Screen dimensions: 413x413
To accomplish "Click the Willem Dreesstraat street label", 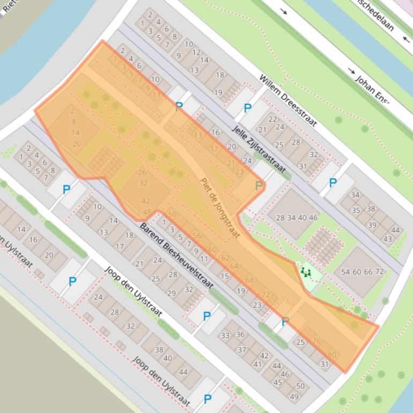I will coord(287,100).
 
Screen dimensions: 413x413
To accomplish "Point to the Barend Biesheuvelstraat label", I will coord(176,255).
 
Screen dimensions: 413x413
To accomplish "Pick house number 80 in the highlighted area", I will coord(332,355).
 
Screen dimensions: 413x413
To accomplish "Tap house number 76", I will coord(316,341).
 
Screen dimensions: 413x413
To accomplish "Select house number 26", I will coord(142,172).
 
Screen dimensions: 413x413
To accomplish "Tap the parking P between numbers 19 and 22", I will coord(247,108).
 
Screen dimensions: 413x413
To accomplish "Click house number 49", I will coord(294,396).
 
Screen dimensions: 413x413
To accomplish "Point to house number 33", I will coord(224,336).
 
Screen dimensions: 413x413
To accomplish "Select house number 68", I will coord(249,280).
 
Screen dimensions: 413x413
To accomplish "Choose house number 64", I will coord(234,266).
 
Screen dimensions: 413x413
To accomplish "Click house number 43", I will coord(388,239).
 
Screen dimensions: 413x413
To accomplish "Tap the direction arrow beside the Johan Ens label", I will coord(352,71).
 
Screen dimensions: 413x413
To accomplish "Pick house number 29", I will coord(172,293).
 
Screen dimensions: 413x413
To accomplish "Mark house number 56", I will coord(197,235).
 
